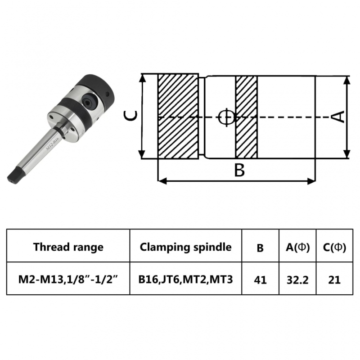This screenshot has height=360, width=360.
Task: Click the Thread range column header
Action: tap(68, 247)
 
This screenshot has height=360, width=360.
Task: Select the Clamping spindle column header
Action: tap(185, 247)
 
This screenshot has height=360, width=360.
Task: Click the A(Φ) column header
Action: tap(297, 247)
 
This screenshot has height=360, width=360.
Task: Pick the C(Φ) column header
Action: tap(335, 247)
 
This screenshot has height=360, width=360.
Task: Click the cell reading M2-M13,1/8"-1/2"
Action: tap(68, 279)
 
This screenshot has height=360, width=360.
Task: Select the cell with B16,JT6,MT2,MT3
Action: tap(185, 279)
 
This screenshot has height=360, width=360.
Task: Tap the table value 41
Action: tap(260, 280)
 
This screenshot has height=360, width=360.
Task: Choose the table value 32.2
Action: tap(297, 280)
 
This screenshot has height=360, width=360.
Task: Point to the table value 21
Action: tap(335, 280)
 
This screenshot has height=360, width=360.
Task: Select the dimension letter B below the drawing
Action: tap(239, 171)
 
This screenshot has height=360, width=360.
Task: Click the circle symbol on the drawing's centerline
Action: tap(226, 117)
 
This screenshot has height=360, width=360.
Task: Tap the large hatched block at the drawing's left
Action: tap(178, 117)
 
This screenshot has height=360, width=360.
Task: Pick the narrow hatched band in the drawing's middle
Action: tap(246, 117)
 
